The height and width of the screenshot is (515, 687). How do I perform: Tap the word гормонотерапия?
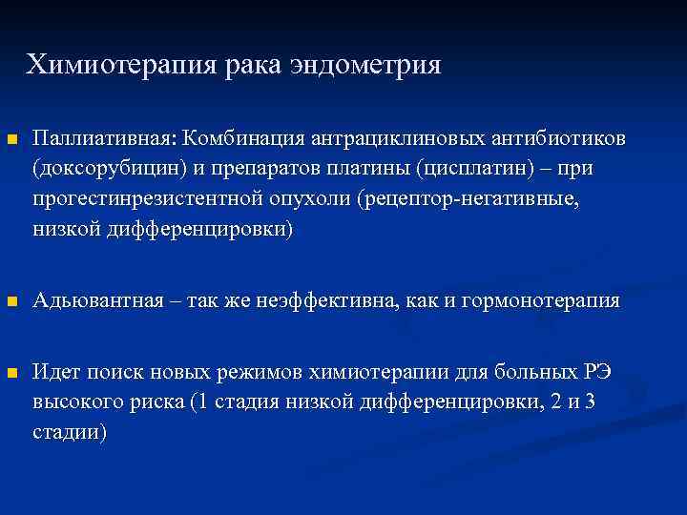[540, 301]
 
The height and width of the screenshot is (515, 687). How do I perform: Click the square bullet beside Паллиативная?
[11, 140]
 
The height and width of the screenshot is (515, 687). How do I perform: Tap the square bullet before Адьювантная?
[11, 302]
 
